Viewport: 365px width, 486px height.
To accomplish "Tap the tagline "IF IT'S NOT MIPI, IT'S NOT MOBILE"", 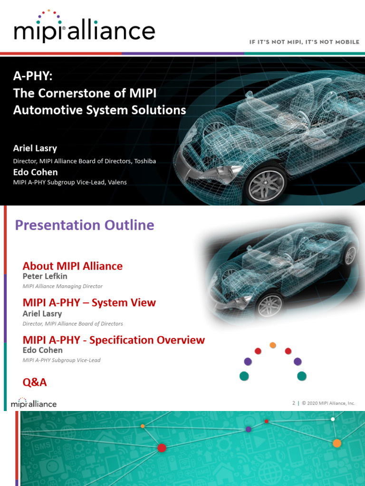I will click(304, 42).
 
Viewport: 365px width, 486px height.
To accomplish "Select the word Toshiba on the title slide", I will click(145, 161).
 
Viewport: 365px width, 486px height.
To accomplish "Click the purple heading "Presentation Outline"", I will click(85, 225).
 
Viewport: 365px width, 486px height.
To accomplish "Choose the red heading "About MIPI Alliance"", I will click(72, 266).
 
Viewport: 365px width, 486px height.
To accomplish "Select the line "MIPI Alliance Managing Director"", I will click(62, 286).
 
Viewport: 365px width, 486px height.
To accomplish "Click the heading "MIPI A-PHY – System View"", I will click(89, 302).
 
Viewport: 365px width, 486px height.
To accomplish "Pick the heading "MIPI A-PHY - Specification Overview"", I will click(114, 340).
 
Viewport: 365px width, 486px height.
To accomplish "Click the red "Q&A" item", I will click(35, 382).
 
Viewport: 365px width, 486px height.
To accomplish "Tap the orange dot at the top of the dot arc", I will click(272, 345).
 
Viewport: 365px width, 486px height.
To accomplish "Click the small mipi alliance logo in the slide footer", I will click(33, 403).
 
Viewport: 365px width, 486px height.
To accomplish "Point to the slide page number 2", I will click(294, 403).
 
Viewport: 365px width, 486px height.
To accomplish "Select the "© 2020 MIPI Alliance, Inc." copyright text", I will click(329, 403).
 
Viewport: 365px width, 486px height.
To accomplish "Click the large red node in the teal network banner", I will click(162, 448).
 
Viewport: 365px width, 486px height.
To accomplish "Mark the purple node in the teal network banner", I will click(248, 429).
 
